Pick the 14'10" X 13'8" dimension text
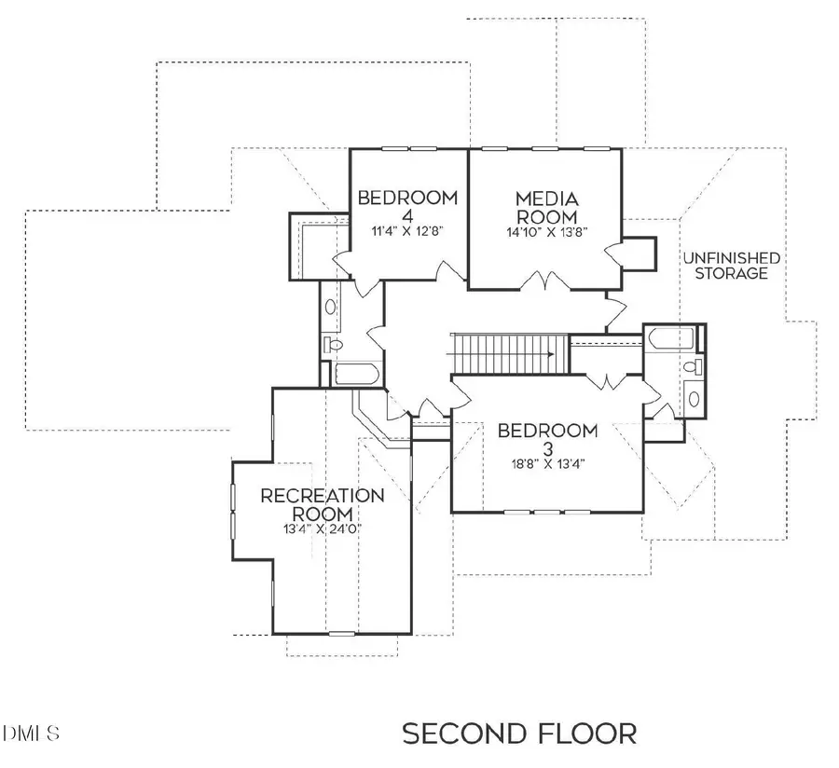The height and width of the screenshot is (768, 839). pos(547,231)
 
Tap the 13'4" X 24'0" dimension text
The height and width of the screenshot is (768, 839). pos(322,528)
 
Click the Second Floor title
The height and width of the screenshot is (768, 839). pos(519,734)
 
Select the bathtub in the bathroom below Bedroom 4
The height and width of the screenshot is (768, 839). pos(355,376)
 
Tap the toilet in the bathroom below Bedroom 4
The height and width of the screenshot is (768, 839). pos(334,346)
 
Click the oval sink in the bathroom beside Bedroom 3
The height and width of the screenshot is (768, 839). pos(695,399)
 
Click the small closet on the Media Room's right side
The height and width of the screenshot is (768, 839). pos(638,252)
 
